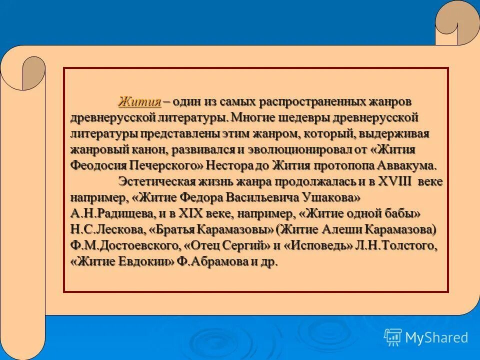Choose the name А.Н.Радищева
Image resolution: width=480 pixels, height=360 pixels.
point(113,214)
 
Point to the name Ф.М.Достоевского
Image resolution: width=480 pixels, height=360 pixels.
point(124,246)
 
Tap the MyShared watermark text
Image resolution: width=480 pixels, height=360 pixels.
point(436,337)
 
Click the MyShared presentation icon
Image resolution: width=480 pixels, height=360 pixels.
point(392,337)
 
